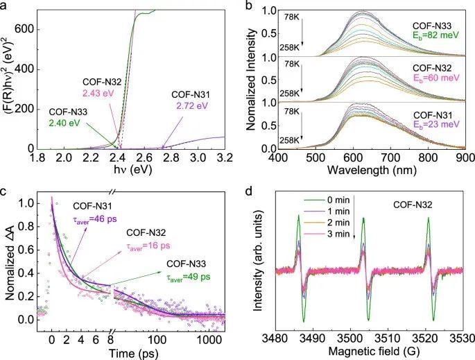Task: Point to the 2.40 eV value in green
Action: coord(67,127)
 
